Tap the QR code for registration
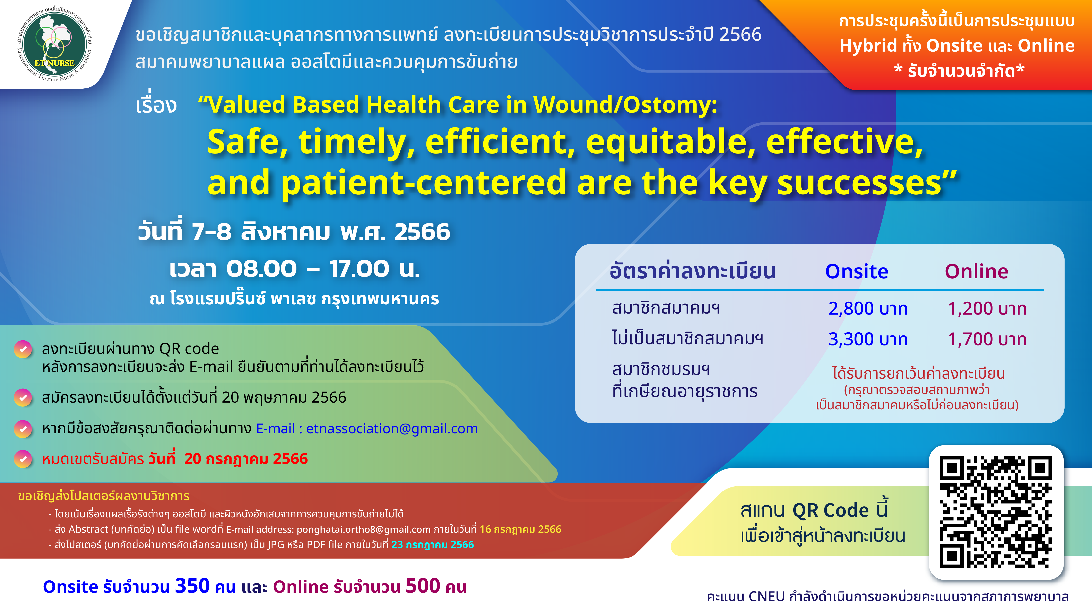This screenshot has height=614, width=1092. [996, 512]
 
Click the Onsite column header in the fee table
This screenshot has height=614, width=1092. [856, 271]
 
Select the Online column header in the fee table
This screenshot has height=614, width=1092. [976, 271]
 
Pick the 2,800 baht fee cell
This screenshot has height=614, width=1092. [868, 308]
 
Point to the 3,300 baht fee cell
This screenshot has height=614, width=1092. [868, 339]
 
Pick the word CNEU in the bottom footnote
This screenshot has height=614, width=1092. [766, 597]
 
